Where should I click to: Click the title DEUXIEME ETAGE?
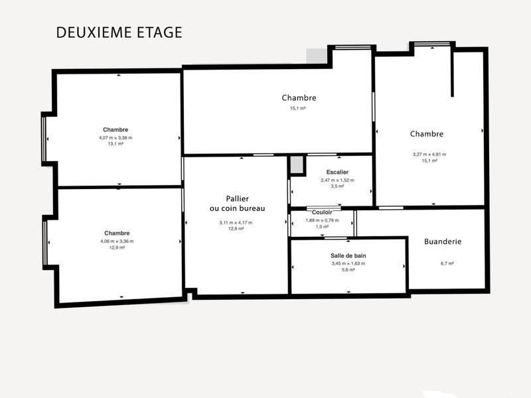pyautogui.click(x=119, y=33)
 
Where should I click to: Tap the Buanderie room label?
pyautogui.click(x=443, y=241)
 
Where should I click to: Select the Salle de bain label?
pyautogui.click(x=348, y=255)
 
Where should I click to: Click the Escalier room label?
pyautogui.click(x=337, y=172)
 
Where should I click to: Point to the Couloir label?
pyautogui.click(x=322, y=212)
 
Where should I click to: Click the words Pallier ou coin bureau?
pyautogui.click(x=237, y=203)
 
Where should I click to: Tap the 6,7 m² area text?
pyautogui.click(x=447, y=263)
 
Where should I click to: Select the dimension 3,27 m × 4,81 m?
pyautogui.click(x=429, y=154)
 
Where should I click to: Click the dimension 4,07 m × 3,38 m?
pyautogui.click(x=115, y=137)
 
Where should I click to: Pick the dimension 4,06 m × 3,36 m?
pyautogui.click(x=117, y=241)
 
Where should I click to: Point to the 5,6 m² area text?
pyautogui.click(x=348, y=270)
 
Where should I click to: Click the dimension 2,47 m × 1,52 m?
pyautogui.click(x=337, y=180)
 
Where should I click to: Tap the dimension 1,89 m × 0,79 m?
pyautogui.click(x=322, y=220)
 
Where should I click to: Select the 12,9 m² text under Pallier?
pyautogui.click(x=237, y=229)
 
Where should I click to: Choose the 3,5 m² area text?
pyautogui.click(x=337, y=186)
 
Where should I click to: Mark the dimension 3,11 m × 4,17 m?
pyautogui.click(x=236, y=222)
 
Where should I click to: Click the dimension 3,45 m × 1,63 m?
pyautogui.click(x=348, y=263)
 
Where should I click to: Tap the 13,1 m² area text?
pyautogui.click(x=115, y=144)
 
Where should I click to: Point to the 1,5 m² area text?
pyautogui.click(x=322, y=227)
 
